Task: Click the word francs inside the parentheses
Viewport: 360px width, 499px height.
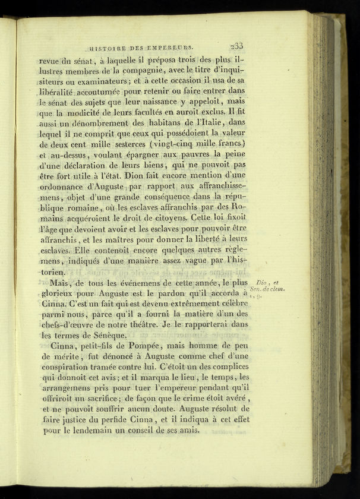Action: (x=226, y=143)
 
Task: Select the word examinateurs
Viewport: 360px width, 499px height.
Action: (x=103, y=81)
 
